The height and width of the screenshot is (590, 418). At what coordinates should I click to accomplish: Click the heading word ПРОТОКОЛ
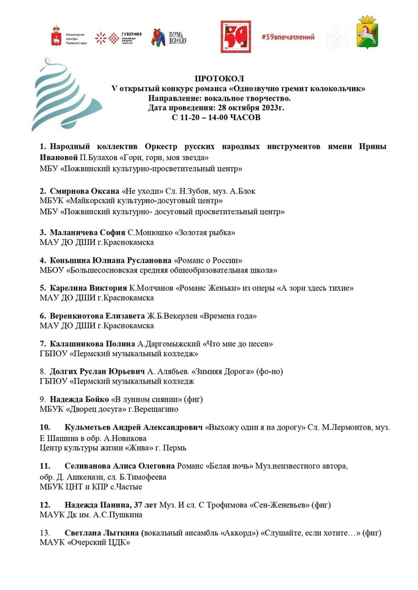coord(219,79)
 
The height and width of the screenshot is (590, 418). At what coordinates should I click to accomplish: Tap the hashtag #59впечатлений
coord(288,37)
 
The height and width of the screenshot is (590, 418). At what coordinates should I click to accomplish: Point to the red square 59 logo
coord(236,37)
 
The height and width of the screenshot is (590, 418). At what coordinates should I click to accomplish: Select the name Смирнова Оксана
coord(84,191)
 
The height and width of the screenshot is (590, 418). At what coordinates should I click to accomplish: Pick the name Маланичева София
coord(87,233)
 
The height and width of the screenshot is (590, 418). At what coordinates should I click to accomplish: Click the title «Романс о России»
coord(208,260)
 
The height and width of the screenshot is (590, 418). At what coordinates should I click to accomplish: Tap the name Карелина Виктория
coord(88,288)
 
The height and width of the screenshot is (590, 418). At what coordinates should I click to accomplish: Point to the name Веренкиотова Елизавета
coord(97,316)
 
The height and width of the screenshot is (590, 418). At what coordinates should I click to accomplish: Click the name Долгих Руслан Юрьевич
coord(97,372)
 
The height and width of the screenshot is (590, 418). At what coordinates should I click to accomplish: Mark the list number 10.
coord(45,427)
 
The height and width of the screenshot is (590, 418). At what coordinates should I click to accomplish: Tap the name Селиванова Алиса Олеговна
coord(120,466)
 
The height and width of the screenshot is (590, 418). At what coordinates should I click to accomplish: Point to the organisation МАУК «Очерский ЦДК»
coord(85,542)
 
